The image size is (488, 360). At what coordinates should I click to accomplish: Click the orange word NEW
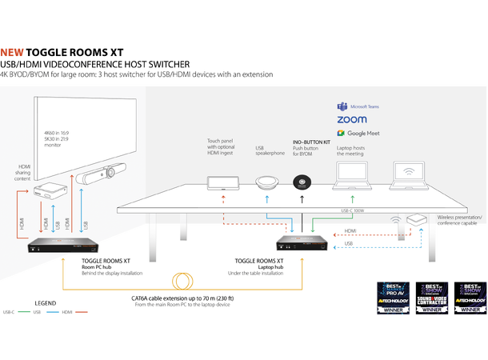click(x=12, y=53)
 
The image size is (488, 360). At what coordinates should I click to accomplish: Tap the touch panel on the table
click(x=221, y=185)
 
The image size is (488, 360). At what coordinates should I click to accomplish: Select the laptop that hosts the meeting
click(x=350, y=178)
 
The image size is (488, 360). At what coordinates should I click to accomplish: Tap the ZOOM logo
click(x=352, y=120)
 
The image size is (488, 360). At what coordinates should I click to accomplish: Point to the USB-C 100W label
click(x=350, y=213)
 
